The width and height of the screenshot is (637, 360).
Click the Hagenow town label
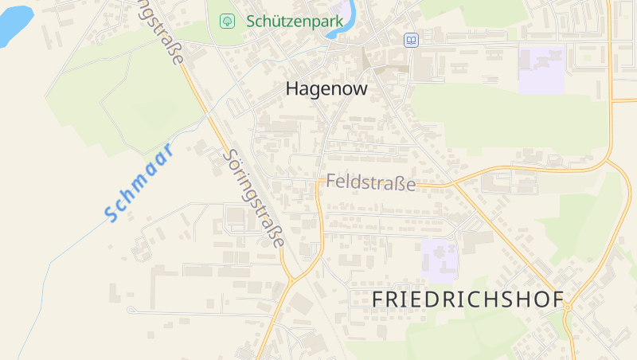tap(326, 88)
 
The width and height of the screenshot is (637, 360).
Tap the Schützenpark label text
tap(295, 22)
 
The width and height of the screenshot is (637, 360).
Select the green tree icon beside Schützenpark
tap(227, 22)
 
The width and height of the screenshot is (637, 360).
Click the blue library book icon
tap(411, 40)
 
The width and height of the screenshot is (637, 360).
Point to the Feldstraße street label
tap(371, 182)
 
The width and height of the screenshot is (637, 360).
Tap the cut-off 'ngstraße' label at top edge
tap(163, 32)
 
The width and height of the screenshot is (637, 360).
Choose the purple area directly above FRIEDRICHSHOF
tap(440, 260)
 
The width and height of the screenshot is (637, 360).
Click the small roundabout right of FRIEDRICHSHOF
tap(568, 306)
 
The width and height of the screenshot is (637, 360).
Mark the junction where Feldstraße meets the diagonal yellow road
tap(453, 185)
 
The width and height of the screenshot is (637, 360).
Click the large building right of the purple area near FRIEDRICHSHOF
tap(477, 239)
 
